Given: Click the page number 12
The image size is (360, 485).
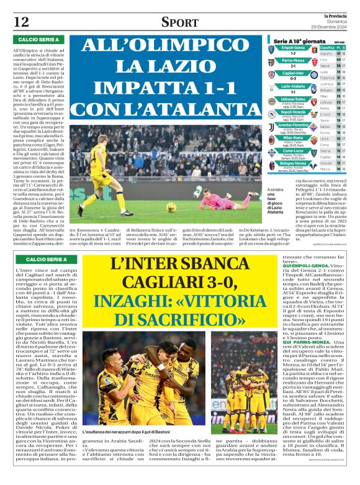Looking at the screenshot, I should (21, 22).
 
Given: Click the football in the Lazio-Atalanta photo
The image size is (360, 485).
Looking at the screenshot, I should (171, 207).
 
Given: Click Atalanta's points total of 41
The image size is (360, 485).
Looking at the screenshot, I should (337, 53).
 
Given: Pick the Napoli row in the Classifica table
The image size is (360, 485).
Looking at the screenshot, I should (325, 65).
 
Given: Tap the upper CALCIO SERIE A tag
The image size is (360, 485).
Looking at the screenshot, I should (35, 40).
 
